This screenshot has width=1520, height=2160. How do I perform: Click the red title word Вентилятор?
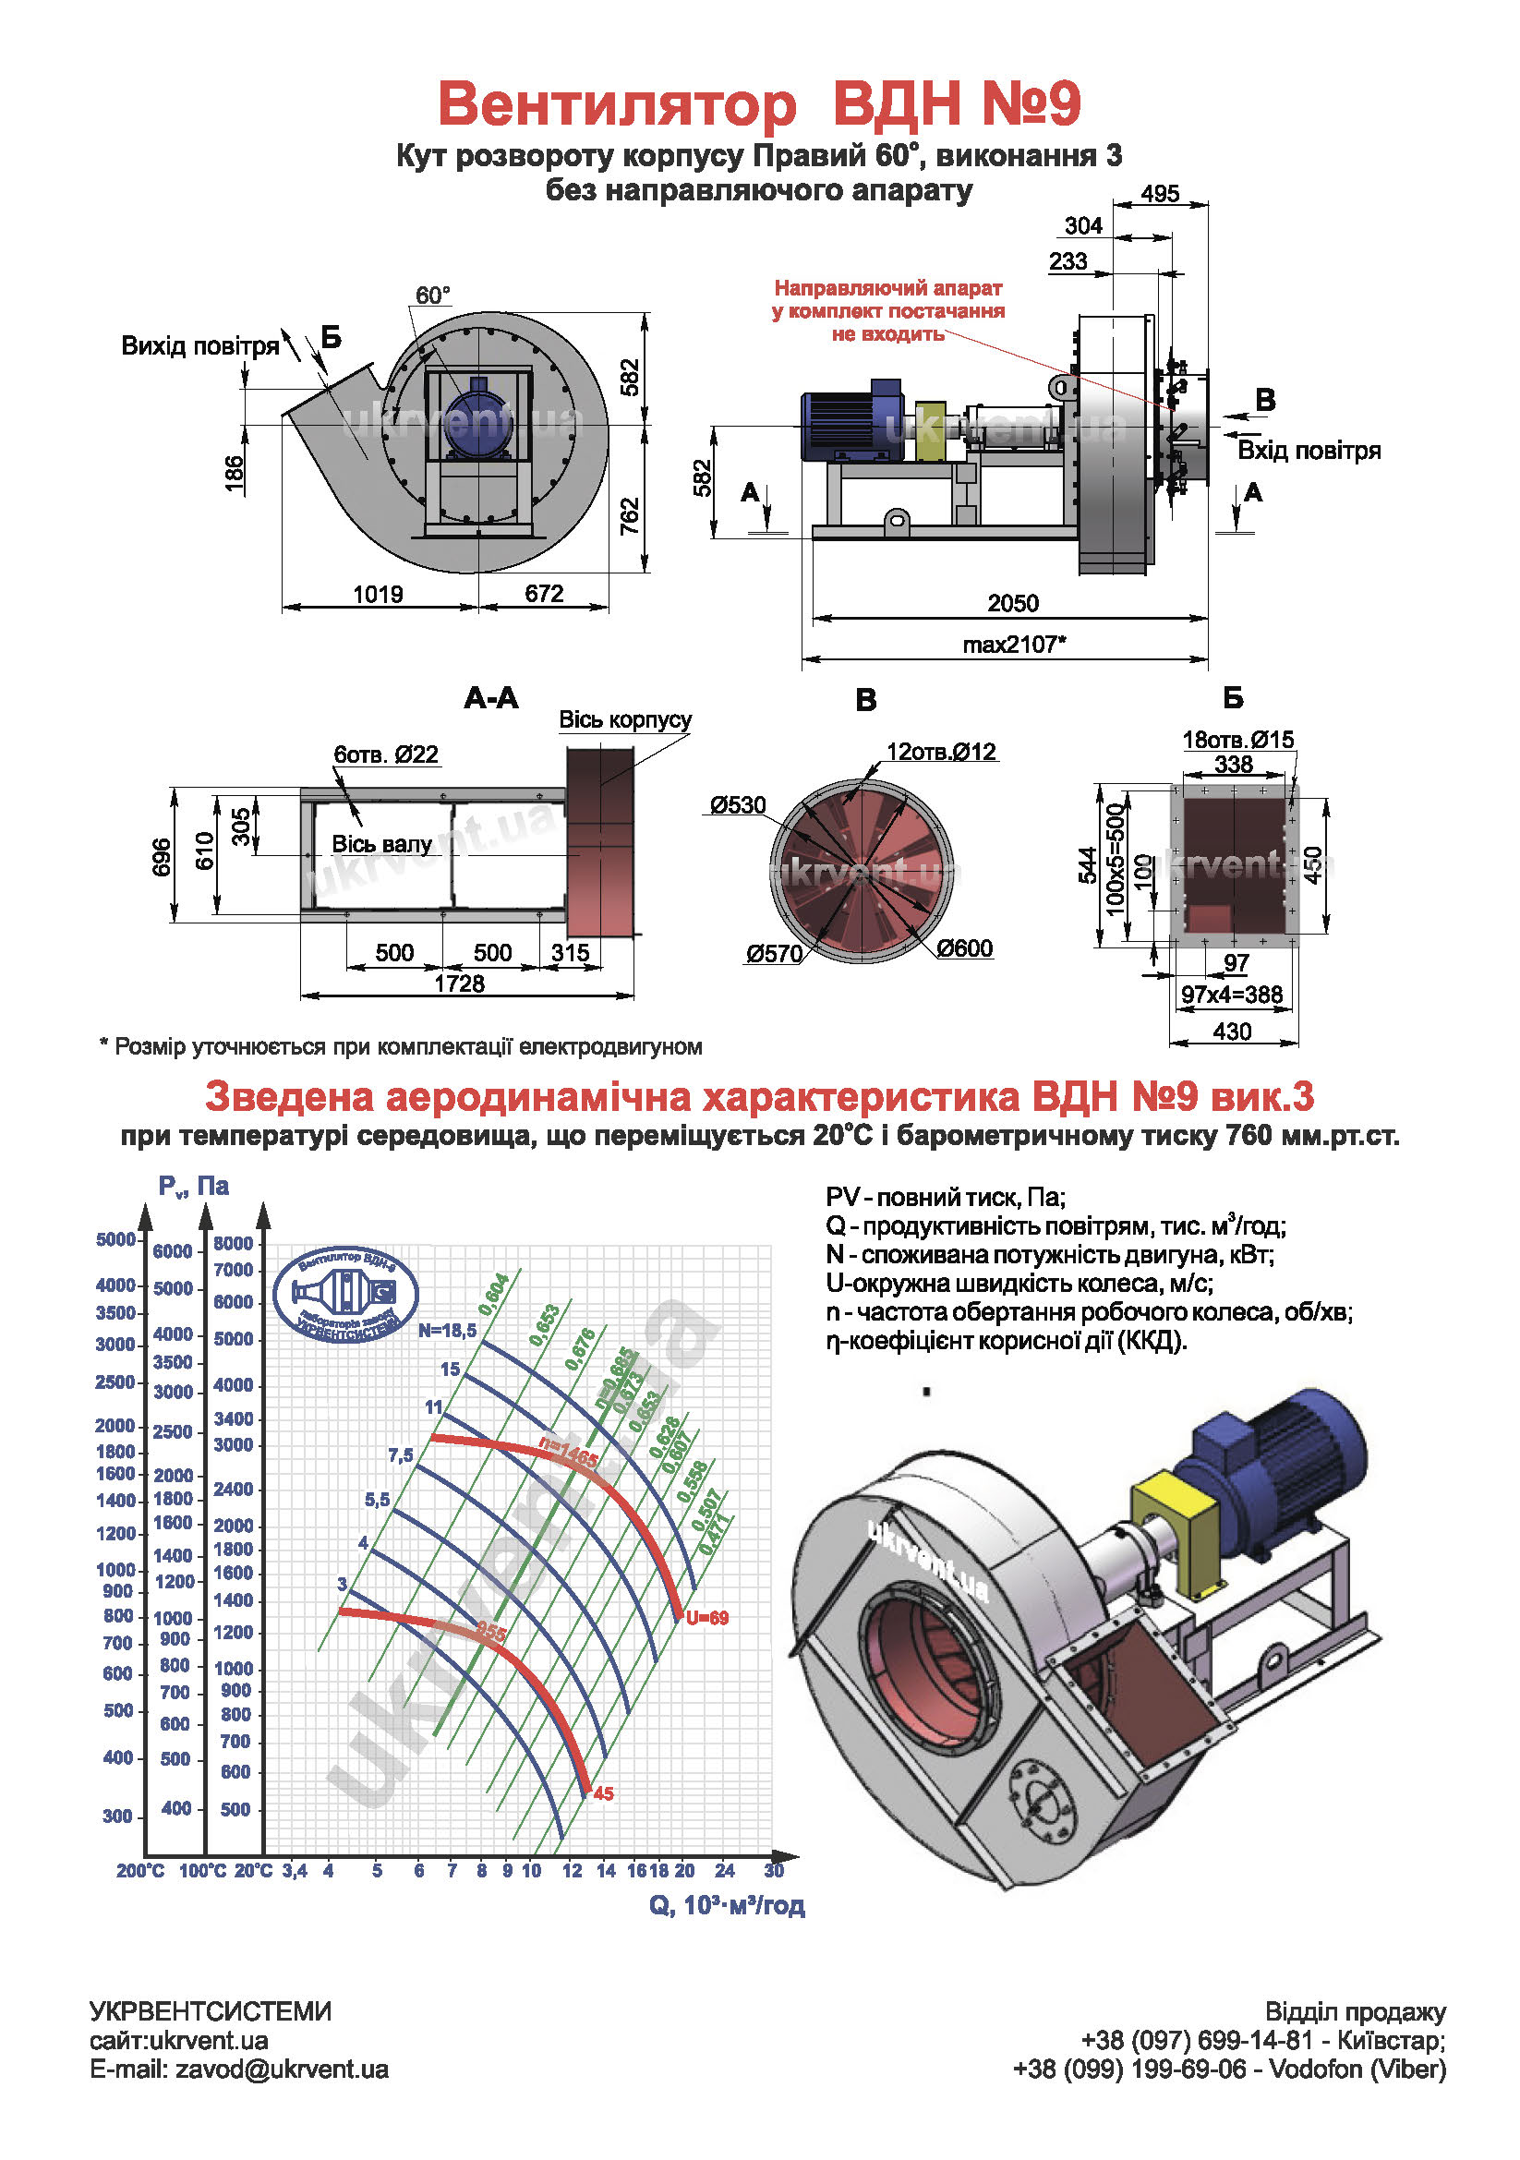(x=617, y=104)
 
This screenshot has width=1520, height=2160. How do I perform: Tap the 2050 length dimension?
(x=1012, y=603)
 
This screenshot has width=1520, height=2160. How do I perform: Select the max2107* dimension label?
(x=1014, y=645)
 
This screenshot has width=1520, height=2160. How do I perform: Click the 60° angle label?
(x=433, y=296)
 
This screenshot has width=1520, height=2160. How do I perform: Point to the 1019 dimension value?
(x=378, y=594)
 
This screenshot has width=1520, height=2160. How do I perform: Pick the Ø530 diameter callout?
(x=739, y=805)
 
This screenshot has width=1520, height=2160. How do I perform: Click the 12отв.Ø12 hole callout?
(x=941, y=752)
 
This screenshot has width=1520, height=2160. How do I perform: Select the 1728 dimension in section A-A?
(x=459, y=983)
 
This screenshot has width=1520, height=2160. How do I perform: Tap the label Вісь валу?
(x=381, y=844)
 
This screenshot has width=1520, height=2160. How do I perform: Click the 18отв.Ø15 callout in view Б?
(x=1237, y=740)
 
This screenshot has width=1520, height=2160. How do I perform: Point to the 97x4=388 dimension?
(x=1232, y=995)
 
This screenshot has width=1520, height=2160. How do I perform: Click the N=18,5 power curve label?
(x=448, y=1330)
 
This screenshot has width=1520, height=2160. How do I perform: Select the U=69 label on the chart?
(x=707, y=1618)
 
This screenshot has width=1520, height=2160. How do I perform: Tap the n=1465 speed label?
(x=569, y=1454)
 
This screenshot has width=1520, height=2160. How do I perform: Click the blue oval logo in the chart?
(x=344, y=1294)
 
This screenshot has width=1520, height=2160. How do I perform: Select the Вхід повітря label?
(x=1309, y=451)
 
